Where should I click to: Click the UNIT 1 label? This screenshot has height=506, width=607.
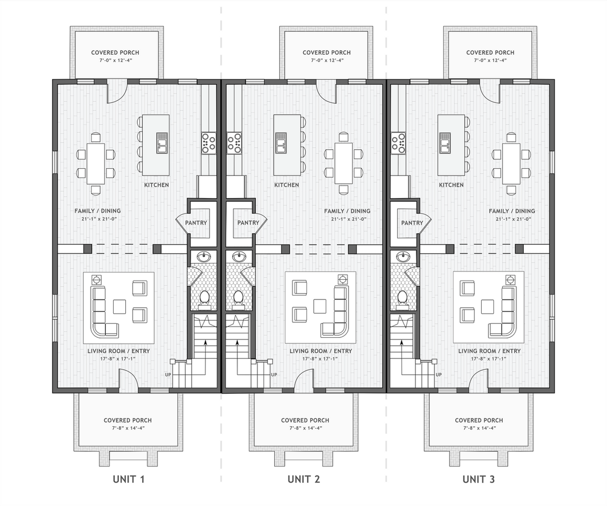tap(128, 479)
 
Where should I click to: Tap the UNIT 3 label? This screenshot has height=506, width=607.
tap(479, 479)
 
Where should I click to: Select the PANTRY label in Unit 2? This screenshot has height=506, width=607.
tap(248, 223)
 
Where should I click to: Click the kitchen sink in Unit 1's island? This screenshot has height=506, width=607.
tap(162, 143)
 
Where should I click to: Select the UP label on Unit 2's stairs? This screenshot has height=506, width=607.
tap(274, 375)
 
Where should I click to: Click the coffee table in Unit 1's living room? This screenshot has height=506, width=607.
tap(119, 306)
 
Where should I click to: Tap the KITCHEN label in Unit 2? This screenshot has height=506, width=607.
tap(286, 185)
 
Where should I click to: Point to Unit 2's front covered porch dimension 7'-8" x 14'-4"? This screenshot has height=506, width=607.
tap(305, 428)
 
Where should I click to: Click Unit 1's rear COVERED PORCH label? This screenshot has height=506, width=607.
tap(115, 53)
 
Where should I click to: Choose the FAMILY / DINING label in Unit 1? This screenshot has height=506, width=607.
tap(97, 211)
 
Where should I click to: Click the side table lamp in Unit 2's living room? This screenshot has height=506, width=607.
tap(342, 279)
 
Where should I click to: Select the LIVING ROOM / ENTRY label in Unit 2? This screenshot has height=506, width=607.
tap(321, 351)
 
